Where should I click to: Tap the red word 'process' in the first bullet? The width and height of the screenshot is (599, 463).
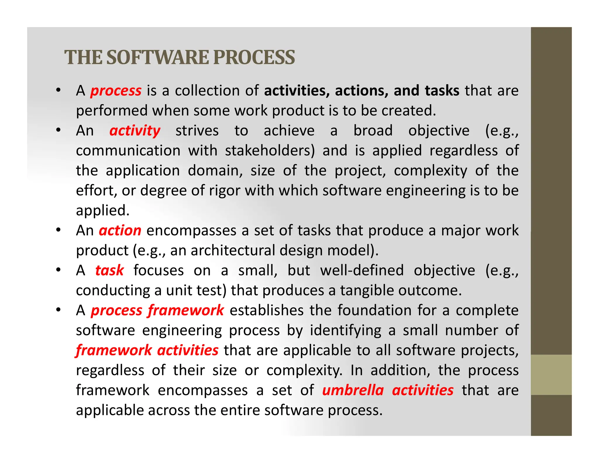(116, 91)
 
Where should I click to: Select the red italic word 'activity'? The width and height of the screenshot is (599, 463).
(135, 131)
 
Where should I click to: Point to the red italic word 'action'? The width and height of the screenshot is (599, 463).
(120, 231)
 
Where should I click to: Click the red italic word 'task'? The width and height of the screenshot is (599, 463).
(109, 270)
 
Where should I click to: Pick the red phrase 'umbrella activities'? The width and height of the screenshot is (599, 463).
(388, 390)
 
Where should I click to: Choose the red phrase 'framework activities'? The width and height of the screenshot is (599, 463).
(147, 350)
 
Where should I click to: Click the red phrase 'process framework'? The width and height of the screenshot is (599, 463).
(157, 311)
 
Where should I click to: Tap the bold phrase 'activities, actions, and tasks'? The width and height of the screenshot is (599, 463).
(362, 91)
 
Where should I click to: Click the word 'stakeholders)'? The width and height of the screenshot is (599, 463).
(270, 151)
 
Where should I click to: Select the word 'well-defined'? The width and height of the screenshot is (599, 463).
(362, 270)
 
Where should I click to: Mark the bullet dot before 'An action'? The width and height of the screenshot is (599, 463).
(58, 230)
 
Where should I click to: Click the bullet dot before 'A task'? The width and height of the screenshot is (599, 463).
(58, 270)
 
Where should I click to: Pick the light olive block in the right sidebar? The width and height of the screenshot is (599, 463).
(551, 375)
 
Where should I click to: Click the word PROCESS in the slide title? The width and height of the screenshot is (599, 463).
(254, 57)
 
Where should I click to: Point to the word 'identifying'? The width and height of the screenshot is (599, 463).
(345, 331)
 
